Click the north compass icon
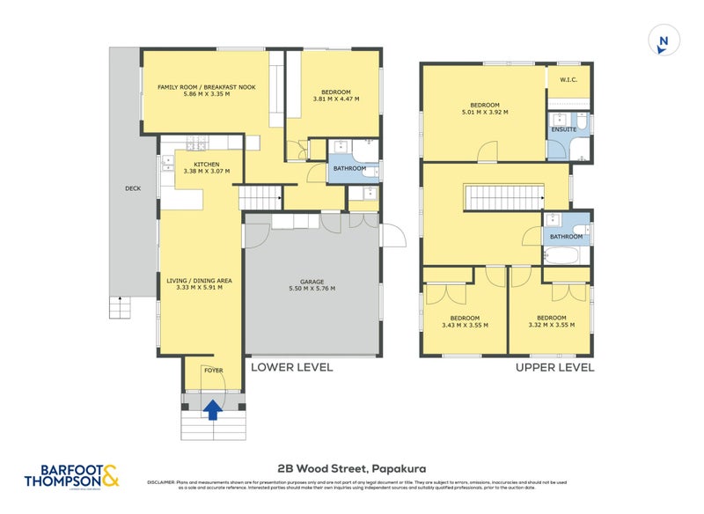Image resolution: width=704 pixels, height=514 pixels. [x=663, y=41]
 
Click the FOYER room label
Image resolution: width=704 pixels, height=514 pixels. [x=212, y=371]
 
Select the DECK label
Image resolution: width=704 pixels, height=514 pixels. [x=132, y=187]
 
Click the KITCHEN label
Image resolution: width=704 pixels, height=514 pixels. [x=206, y=165]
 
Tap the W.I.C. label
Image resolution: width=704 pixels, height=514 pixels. [x=568, y=80]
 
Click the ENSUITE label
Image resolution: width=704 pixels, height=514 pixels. [x=563, y=129]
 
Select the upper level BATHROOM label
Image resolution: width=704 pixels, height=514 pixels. [x=567, y=236]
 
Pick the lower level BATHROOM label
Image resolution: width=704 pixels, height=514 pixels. [x=348, y=169]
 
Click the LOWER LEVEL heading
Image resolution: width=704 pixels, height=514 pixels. [x=292, y=367]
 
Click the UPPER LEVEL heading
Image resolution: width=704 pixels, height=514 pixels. [x=555, y=367]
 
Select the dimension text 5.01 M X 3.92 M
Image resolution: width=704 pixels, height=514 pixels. [x=485, y=112]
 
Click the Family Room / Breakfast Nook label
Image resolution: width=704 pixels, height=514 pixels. [x=205, y=92]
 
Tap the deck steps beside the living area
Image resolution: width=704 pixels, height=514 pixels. [x=119, y=308]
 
